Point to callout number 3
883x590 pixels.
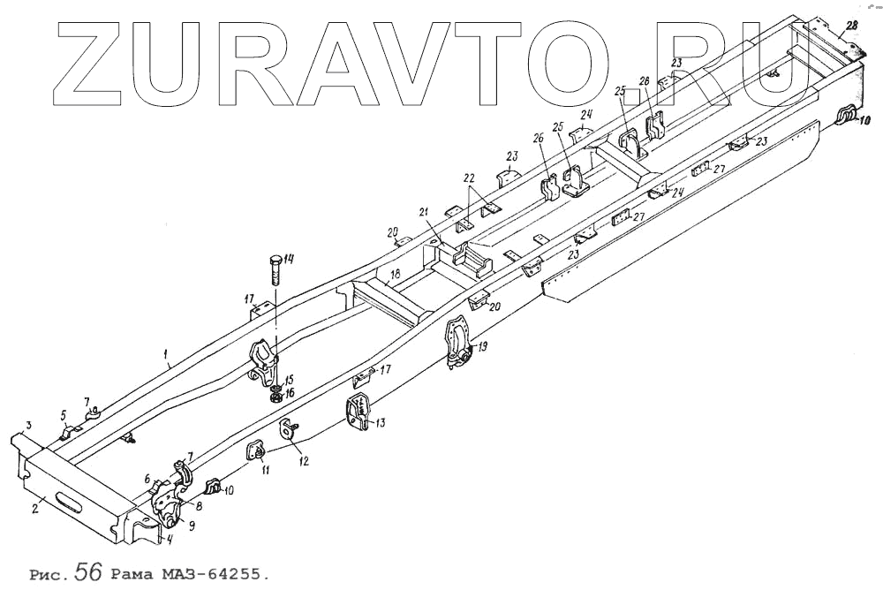point(28,426)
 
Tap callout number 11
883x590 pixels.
point(266,471)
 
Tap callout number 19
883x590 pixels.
point(482,347)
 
